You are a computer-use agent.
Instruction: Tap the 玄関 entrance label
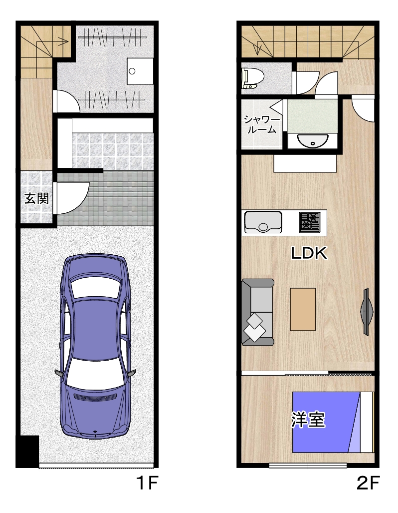pyautogui.click(x=37, y=198)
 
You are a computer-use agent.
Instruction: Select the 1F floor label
pyautogui.click(x=147, y=483)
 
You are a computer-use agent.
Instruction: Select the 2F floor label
pyautogui.click(x=368, y=483)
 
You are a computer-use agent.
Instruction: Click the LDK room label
pyautogui.click(x=309, y=253)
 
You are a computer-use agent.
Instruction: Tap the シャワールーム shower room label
pyautogui.click(x=262, y=125)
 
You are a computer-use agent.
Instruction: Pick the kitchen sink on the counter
pyautogui.click(x=263, y=222)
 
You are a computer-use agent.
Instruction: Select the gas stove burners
pyautogui.click(x=309, y=222)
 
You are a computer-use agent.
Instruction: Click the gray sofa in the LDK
pyautogui.click(x=257, y=312)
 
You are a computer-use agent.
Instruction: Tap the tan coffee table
pyautogui.click(x=303, y=309)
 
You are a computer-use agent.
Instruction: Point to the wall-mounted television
pyautogui.click(x=366, y=311)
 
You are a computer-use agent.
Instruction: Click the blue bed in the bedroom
pyautogui.click(x=333, y=422)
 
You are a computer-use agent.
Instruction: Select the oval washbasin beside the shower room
pyautogui.click(x=312, y=141)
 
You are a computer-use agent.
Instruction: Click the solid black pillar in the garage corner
pyautogui.click(x=27, y=452)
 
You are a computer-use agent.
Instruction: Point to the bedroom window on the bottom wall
pyautogui.click(x=308, y=465)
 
